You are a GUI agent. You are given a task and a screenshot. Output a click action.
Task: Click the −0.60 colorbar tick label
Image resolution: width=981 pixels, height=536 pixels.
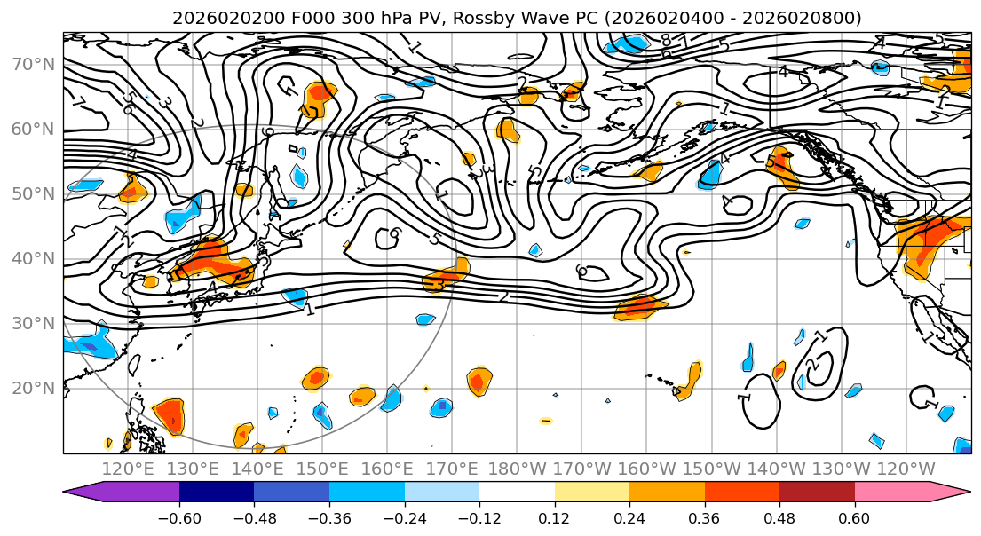point(179,516)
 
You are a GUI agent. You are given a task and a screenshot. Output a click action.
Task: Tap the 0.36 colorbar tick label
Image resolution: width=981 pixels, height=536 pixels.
point(704,516)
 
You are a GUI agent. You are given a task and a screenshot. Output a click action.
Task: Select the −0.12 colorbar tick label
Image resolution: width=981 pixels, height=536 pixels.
point(479,516)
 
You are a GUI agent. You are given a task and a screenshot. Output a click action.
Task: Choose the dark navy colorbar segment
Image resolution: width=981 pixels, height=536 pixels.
point(217,493)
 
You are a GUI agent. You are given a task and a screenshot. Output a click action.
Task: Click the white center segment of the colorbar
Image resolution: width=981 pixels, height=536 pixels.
point(517,493)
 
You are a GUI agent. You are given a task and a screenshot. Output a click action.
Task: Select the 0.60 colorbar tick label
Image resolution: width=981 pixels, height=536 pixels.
point(854,516)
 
